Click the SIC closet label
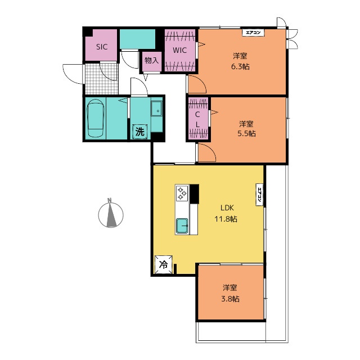[x=102, y=47]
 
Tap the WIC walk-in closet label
[x=179, y=50]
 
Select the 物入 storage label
[x=151, y=61]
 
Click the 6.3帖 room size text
[x=240, y=66]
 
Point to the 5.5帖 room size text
[x=246, y=133]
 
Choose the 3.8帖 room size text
[x=230, y=299]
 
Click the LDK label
[x=227, y=208]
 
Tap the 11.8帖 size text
[x=226, y=219]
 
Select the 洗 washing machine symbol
[x=140, y=132]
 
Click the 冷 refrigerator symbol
[x=164, y=264]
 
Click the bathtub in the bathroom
[x=95, y=118]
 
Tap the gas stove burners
[x=182, y=193]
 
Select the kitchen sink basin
[x=182, y=226]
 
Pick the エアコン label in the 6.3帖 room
[x=253, y=33]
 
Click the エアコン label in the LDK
[x=259, y=195]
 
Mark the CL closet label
[x=197, y=119]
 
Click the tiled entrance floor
[x=102, y=79]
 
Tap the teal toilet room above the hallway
[x=137, y=39]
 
